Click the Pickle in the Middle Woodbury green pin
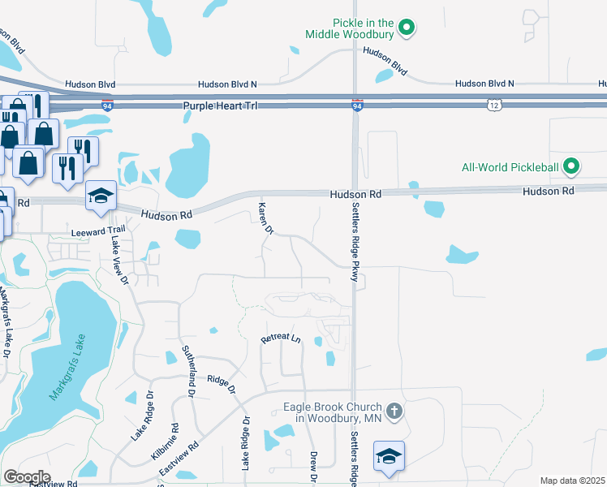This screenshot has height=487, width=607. click(x=408, y=28)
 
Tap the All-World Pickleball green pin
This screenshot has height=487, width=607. click(x=571, y=167)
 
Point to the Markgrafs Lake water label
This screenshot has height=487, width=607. click(x=66, y=370)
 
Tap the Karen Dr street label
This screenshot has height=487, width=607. click(x=265, y=218)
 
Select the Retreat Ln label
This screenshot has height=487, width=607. click(x=281, y=339)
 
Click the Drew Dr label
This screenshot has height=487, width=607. click(x=312, y=468)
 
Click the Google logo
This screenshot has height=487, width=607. click(x=26, y=476)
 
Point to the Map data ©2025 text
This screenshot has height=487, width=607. click(x=572, y=481)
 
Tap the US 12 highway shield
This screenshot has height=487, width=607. click(x=494, y=105)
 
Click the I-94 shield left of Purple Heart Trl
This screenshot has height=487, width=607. click(x=108, y=105)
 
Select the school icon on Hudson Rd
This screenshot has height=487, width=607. click(x=101, y=196)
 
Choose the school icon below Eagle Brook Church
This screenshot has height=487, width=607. click(x=390, y=457)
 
